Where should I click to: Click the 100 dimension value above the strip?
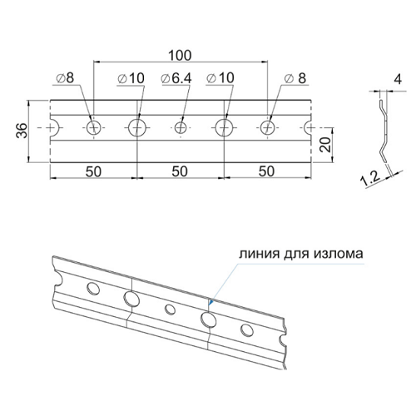pyautogui.click(x=180, y=56)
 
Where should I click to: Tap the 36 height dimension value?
pyautogui.click(x=22, y=130)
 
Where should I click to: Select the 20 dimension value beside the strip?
pyautogui.click(x=325, y=144)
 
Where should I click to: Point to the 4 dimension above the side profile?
pyautogui.click(x=398, y=79)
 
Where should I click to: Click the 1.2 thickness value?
pyautogui.click(x=370, y=178)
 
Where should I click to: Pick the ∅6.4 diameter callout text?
pyautogui.click(x=176, y=78)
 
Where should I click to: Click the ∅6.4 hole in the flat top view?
pyautogui.click(x=181, y=128)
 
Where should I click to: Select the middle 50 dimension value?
pyautogui.click(x=180, y=171)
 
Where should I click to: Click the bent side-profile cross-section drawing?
pyautogui.click(x=384, y=131)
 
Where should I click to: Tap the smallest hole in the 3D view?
pyautogui.click(x=170, y=310)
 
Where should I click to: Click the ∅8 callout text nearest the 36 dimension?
pyautogui.click(x=65, y=78)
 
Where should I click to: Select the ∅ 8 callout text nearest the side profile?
pyautogui.click(x=295, y=78)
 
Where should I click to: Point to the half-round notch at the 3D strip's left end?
pyautogui.click(x=57, y=279)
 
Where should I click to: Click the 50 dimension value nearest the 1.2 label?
pyautogui.click(x=266, y=171)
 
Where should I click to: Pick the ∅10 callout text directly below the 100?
pyautogui.click(x=131, y=78)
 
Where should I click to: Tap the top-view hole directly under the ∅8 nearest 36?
pyautogui.click(x=93, y=128)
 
